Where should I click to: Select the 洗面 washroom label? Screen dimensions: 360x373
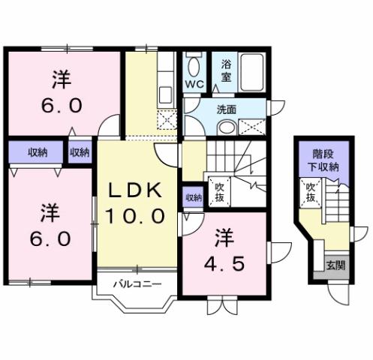[x=226, y=109]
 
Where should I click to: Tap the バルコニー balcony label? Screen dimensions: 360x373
[x=134, y=284]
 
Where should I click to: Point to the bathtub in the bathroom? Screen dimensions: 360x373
[x=251, y=73]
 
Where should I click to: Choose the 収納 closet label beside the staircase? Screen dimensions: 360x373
[x=193, y=198]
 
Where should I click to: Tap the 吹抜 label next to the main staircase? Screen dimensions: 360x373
[x=220, y=191]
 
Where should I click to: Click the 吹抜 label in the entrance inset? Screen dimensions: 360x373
[x=309, y=193]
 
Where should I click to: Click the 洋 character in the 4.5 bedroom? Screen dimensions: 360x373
[x=225, y=239]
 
